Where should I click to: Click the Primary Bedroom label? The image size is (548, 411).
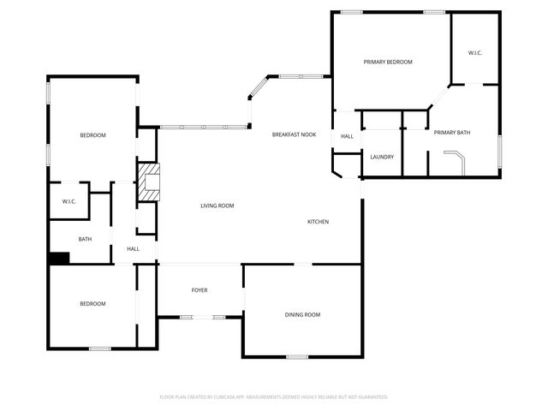pyautogui.click(x=388, y=62)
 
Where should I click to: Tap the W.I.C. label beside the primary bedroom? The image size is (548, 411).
pyautogui.click(x=474, y=53)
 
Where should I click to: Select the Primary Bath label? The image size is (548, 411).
pyautogui.click(x=452, y=133)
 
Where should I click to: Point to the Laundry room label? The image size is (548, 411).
pyautogui.click(x=382, y=157)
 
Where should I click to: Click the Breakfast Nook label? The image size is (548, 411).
pyautogui.click(x=294, y=135)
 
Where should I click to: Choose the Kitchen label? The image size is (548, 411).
pyautogui.click(x=319, y=222)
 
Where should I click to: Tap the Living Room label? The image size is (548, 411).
pyautogui.click(x=217, y=205)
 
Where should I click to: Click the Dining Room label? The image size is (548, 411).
pyautogui.click(x=302, y=315)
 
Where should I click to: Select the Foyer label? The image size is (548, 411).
pyautogui.click(x=199, y=290)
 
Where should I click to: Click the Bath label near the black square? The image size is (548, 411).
pyautogui.click(x=85, y=239)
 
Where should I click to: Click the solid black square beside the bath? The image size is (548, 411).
pyautogui.click(x=58, y=258)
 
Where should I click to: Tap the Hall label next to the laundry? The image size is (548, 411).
pyautogui.click(x=347, y=136)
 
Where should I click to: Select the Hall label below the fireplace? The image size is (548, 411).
pyautogui.click(x=134, y=248)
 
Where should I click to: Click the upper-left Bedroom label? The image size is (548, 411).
pyautogui.click(x=92, y=135)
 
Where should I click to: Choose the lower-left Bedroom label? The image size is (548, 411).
pyautogui.click(x=92, y=304)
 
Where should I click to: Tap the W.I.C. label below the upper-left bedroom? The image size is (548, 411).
pyautogui.click(x=69, y=201)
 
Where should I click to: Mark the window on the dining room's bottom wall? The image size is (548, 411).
pyautogui.click(x=297, y=356)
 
